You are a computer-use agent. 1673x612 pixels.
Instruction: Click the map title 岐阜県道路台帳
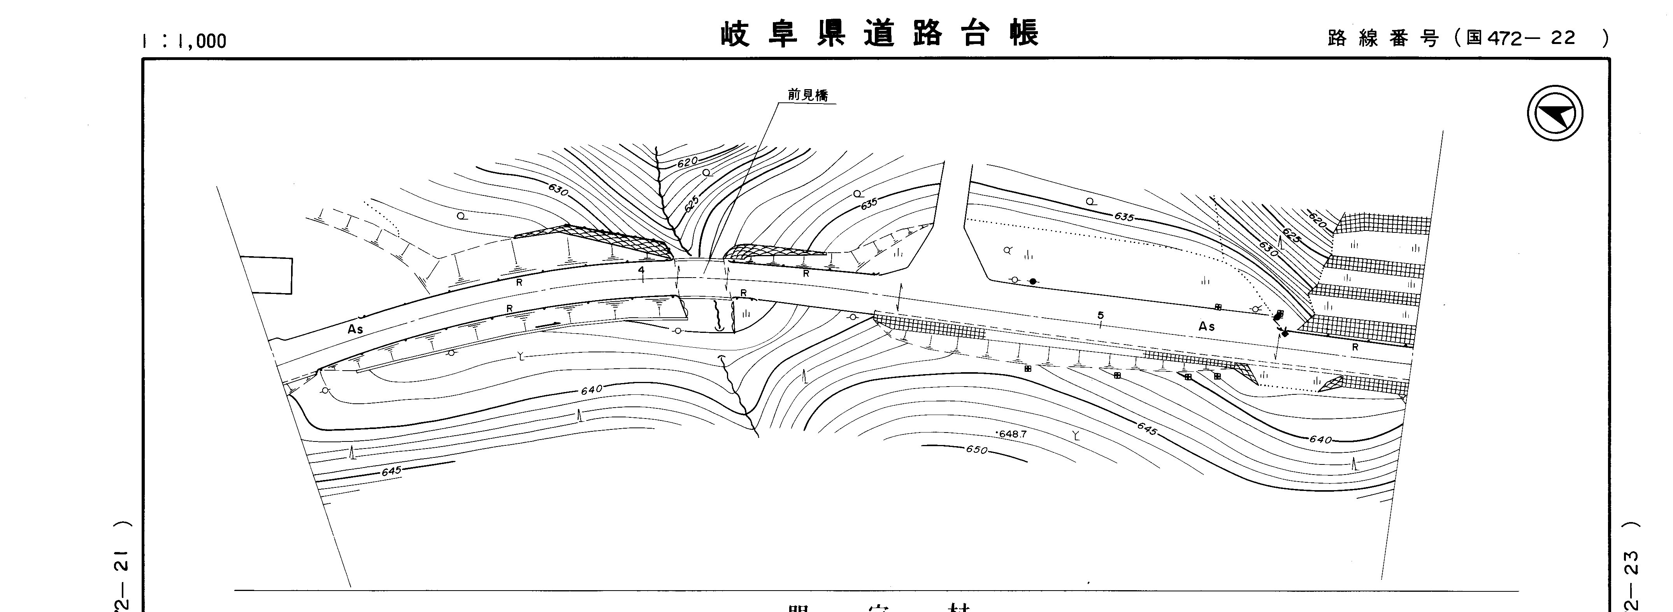[x=880, y=34]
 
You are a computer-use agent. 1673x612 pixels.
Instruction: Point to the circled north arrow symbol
[x=1555, y=113]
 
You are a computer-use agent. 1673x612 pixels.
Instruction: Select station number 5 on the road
[x=1100, y=316]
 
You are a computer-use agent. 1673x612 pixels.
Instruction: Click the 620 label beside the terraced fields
[x=1317, y=221]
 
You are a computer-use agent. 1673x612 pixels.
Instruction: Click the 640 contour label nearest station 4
[x=591, y=389]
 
